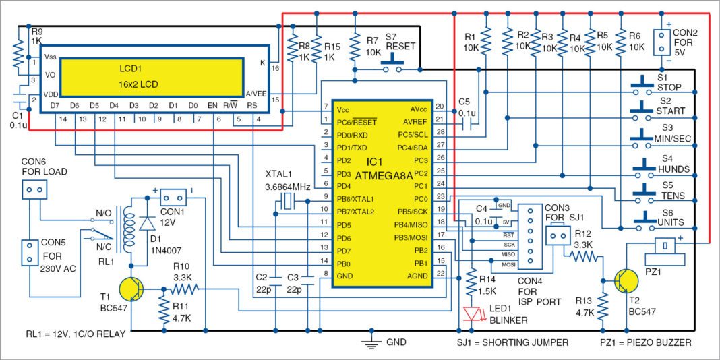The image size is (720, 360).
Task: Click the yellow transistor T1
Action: [131, 289]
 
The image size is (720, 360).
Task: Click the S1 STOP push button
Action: [643, 87]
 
